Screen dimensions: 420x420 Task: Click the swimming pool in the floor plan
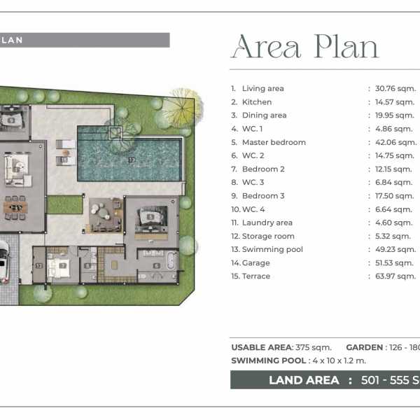130,154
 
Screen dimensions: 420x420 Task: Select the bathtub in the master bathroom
171,261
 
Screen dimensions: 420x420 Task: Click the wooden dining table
15,207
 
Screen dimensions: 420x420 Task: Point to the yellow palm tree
182,108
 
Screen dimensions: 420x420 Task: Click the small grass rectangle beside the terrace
64,204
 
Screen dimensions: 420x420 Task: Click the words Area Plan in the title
306,47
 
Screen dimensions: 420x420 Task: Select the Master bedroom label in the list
274,142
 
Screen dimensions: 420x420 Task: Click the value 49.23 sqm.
395,249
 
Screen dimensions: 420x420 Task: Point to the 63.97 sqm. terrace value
395,276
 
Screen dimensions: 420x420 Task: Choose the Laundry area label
267,223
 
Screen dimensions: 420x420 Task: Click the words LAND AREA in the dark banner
304,380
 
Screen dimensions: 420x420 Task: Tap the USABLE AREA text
262,347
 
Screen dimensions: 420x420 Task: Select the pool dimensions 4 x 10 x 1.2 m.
339,360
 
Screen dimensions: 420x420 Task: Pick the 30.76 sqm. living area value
395,88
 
